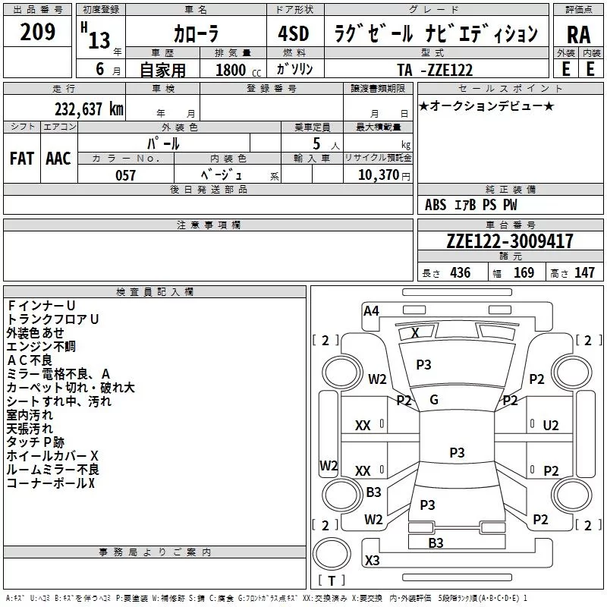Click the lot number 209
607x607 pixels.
click(37, 33)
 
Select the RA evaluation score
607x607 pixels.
click(578, 33)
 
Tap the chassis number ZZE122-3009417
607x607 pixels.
click(510, 241)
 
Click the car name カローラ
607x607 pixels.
click(196, 33)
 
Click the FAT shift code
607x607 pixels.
click(21, 158)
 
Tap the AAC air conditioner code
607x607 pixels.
click(58, 158)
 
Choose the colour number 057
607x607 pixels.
click(125, 175)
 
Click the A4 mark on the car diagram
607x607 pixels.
click(371, 310)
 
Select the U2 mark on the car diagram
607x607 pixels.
click(551, 426)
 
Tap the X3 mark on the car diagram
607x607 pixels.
click(373, 561)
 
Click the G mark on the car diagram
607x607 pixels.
click(434, 400)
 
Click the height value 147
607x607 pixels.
click(584, 272)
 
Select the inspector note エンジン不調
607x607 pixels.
click(41, 346)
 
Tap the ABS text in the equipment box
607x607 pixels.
click(436, 205)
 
